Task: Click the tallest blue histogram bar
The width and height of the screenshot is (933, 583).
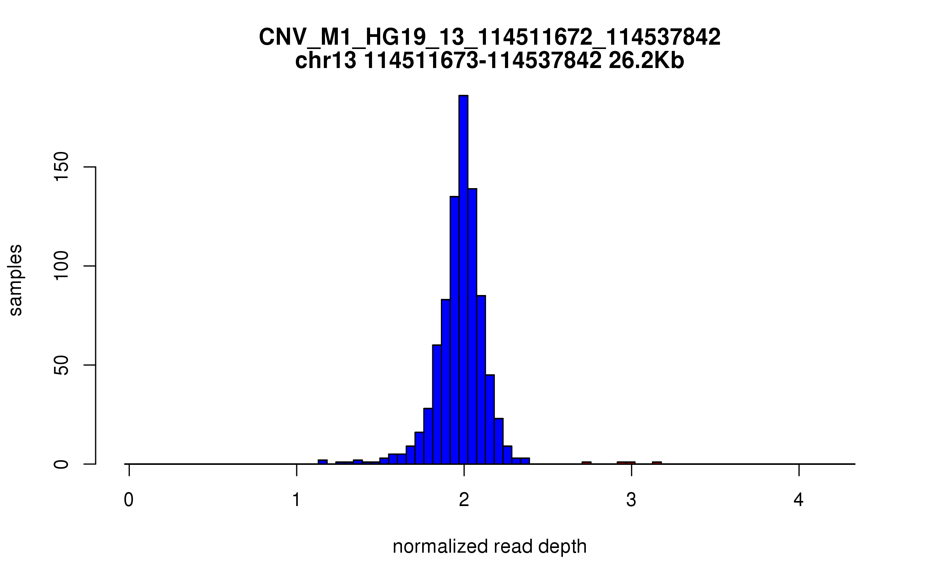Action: tap(463, 280)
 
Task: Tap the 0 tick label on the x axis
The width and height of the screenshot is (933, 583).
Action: tap(129, 500)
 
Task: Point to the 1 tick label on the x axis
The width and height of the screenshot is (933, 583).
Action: tap(297, 500)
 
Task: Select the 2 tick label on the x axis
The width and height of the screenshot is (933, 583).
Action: tap(464, 500)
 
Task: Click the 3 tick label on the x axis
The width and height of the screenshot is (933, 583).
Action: tap(631, 500)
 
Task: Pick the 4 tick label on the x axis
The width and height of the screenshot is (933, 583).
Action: tap(798, 500)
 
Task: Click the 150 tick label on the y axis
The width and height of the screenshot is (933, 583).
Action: tap(61, 167)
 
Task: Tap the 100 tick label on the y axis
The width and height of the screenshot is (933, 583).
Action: tap(61, 266)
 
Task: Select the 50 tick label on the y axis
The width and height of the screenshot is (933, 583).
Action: tap(61, 365)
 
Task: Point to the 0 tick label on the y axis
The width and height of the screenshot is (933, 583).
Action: tap(61, 464)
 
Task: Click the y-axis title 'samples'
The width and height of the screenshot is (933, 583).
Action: tap(16, 280)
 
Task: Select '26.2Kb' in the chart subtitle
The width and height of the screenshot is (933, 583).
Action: tap(646, 61)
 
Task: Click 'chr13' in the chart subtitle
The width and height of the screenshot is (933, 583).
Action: tap(326, 61)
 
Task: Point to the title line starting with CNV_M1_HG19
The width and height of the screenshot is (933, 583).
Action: tap(490, 37)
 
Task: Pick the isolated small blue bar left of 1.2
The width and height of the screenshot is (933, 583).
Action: tap(323, 462)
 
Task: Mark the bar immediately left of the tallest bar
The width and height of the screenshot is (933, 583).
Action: tap(454, 330)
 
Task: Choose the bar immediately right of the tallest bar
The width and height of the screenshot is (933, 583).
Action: tap(472, 326)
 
